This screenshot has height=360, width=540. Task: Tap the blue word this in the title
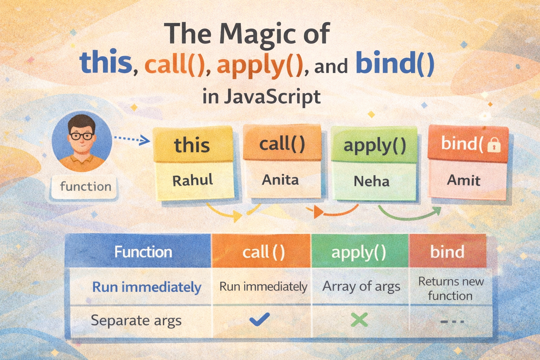point(106,62)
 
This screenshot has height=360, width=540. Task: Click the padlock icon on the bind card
point(494,145)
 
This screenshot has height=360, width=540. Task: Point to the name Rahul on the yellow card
point(193,180)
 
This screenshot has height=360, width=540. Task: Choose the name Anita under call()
point(280,180)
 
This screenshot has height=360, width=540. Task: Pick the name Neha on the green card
point(372,181)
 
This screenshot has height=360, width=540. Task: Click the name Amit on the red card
point(464,180)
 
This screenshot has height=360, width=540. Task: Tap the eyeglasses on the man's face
point(82,136)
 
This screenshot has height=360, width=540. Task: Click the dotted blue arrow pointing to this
point(132,139)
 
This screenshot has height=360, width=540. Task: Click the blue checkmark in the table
point(260,319)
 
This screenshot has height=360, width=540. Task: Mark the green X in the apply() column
point(359,320)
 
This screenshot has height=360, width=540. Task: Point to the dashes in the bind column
point(452,321)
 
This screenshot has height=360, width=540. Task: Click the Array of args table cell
point(361,287)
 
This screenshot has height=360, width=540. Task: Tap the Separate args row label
point(136,321)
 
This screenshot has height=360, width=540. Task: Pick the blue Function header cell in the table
point(138,251)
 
